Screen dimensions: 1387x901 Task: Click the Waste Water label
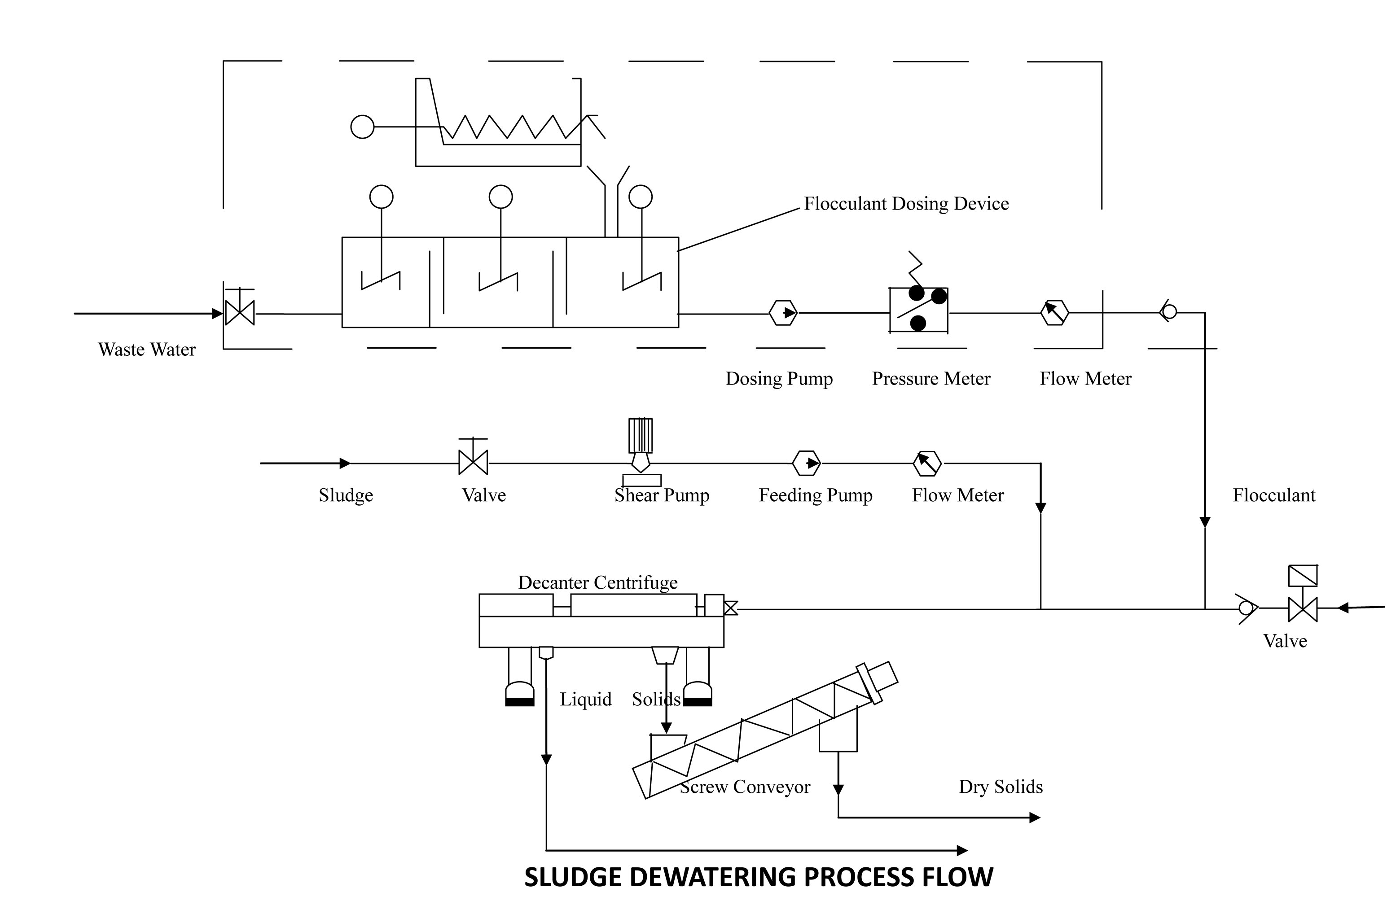[147, 350]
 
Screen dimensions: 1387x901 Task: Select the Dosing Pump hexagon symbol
[783, 313]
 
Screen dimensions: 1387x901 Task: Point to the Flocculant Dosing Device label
[906, 204]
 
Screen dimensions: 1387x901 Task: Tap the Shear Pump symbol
[641, 452]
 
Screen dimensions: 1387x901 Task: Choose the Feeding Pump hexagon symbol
[807, 464]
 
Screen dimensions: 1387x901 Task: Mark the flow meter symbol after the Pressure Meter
[1054, 313]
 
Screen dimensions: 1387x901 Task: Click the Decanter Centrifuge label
[598, 582]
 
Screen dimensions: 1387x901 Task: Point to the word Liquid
[586, 699]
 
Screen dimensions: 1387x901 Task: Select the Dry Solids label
[1001, 787]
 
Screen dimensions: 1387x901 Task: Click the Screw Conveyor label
[745, 787]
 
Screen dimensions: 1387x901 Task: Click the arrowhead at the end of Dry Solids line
[1035, 818]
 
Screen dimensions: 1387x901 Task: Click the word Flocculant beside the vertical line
[1274, 495]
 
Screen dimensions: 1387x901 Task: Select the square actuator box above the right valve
[1303, 575]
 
